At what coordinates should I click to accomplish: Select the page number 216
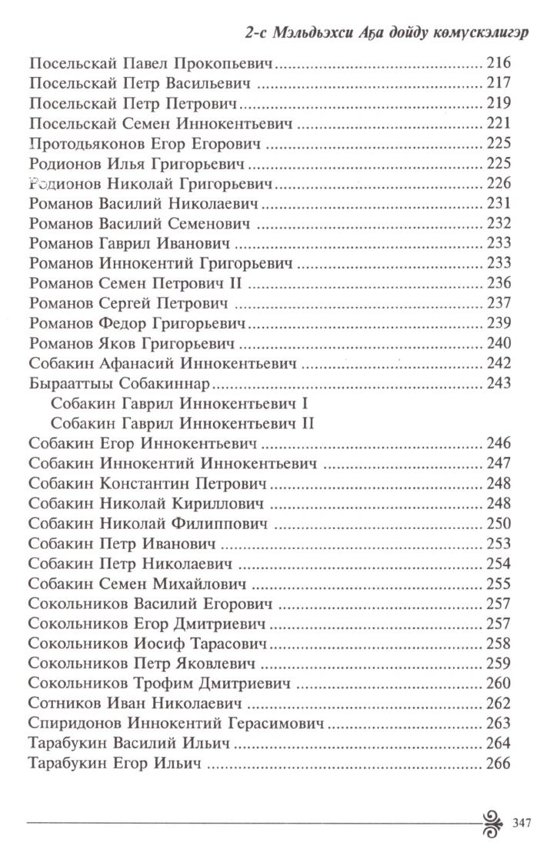click(499, 63)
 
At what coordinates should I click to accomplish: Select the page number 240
click(499, 343)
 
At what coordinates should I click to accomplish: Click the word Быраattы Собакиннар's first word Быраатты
click(66, 383)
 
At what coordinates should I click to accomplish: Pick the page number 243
click(499, 383)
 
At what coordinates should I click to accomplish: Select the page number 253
click(499, 544)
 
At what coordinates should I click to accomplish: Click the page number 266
click(499, 763)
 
